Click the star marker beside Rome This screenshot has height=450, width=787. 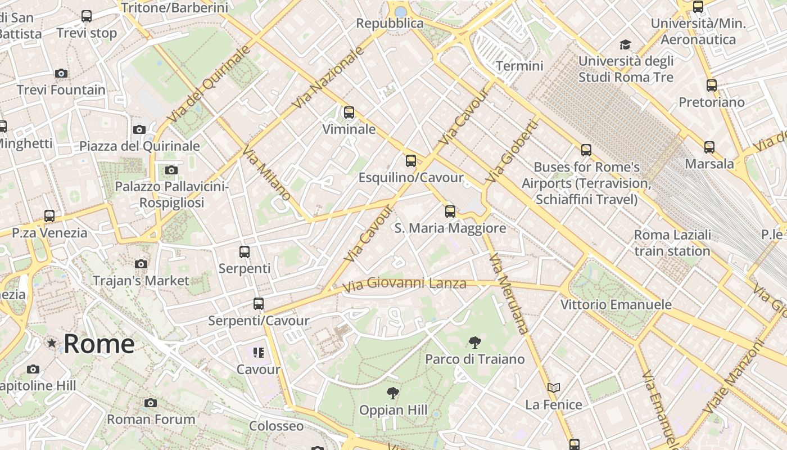point(52,343)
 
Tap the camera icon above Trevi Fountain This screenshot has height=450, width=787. point(61,73)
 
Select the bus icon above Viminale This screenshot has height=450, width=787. point(349,112)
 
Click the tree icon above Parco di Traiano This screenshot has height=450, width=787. point(474,342)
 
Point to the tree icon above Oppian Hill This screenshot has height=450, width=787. point(393,393)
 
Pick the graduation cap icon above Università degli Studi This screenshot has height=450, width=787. point(625,44)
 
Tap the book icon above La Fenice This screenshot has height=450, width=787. point(554,388)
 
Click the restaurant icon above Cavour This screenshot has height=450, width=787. point(258,353)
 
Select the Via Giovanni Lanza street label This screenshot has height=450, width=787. point(404,283)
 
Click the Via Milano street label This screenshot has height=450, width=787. point(266,173)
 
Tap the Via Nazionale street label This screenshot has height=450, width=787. point(328,78)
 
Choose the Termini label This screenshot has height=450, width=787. point(519,66)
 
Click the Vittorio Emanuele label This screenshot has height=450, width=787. point(616,304)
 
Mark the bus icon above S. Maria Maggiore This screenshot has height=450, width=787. point(450,211)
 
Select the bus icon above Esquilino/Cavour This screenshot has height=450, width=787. point(411,161)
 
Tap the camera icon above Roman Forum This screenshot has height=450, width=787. point(150,403)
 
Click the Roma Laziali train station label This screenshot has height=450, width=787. point(672,242)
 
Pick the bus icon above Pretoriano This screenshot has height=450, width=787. point(712,85)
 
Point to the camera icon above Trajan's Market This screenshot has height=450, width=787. point(141,264)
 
